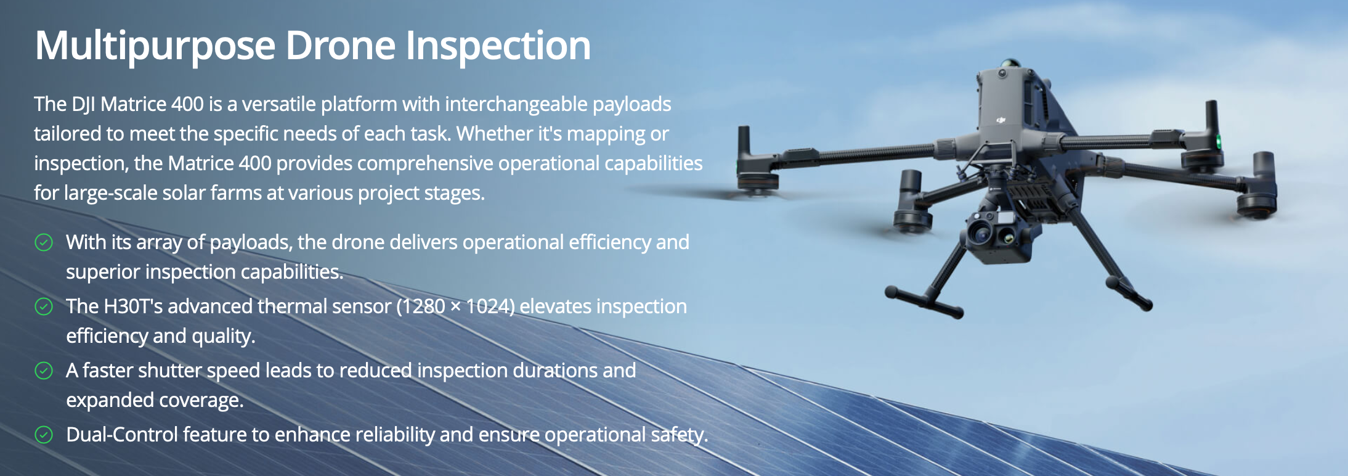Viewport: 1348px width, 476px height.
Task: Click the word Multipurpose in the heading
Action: [155, 47]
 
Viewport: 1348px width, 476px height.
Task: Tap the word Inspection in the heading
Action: [498, 47]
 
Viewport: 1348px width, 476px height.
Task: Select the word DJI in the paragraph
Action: [83, 104]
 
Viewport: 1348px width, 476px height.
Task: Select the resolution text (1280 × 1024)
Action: [455, 306]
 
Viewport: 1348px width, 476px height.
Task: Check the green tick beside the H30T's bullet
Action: [44, 306]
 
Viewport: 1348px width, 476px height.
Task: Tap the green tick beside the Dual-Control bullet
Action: [44, 435]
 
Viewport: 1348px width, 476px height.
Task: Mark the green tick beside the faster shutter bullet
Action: [44, 371]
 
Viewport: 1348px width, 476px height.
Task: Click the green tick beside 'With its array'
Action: [44, 242]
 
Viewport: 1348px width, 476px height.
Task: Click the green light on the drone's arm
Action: [1218, 141]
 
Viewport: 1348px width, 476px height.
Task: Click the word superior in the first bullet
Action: [103, 273]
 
